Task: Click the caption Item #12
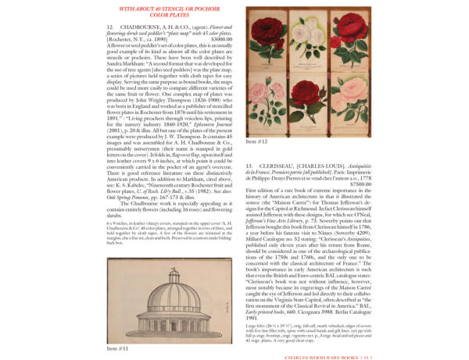[257, 142]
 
